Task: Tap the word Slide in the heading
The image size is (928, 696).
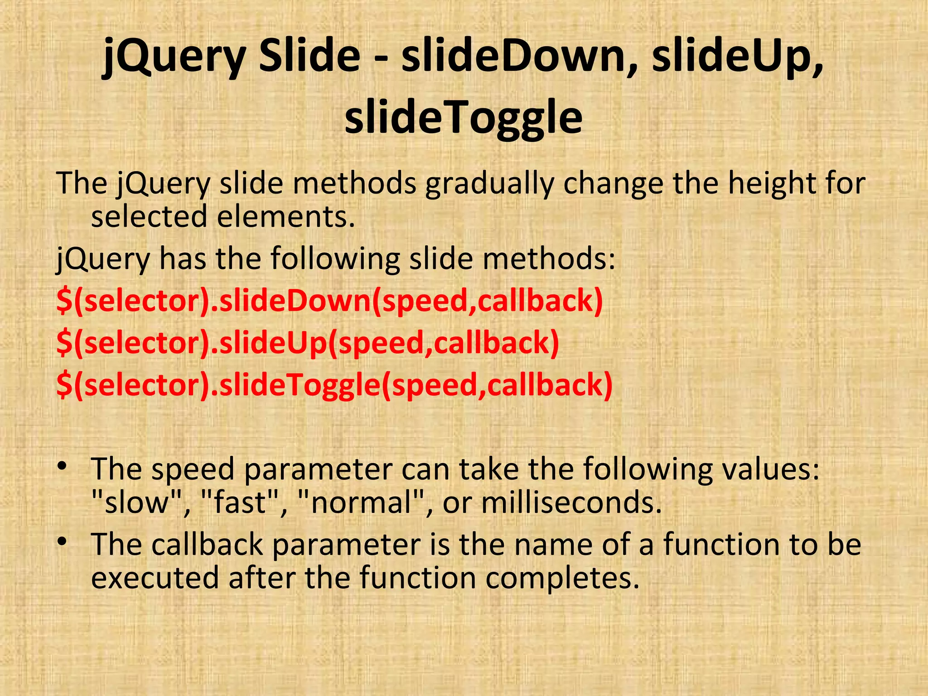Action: coord(309,56)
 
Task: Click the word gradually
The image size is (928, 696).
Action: coord(489,184)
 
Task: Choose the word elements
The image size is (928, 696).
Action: coord(285,217)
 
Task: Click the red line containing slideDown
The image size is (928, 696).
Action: coord(329,301)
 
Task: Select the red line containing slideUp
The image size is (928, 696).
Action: coord(308,343)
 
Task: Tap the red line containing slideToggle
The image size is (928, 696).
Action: coord(334,385)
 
